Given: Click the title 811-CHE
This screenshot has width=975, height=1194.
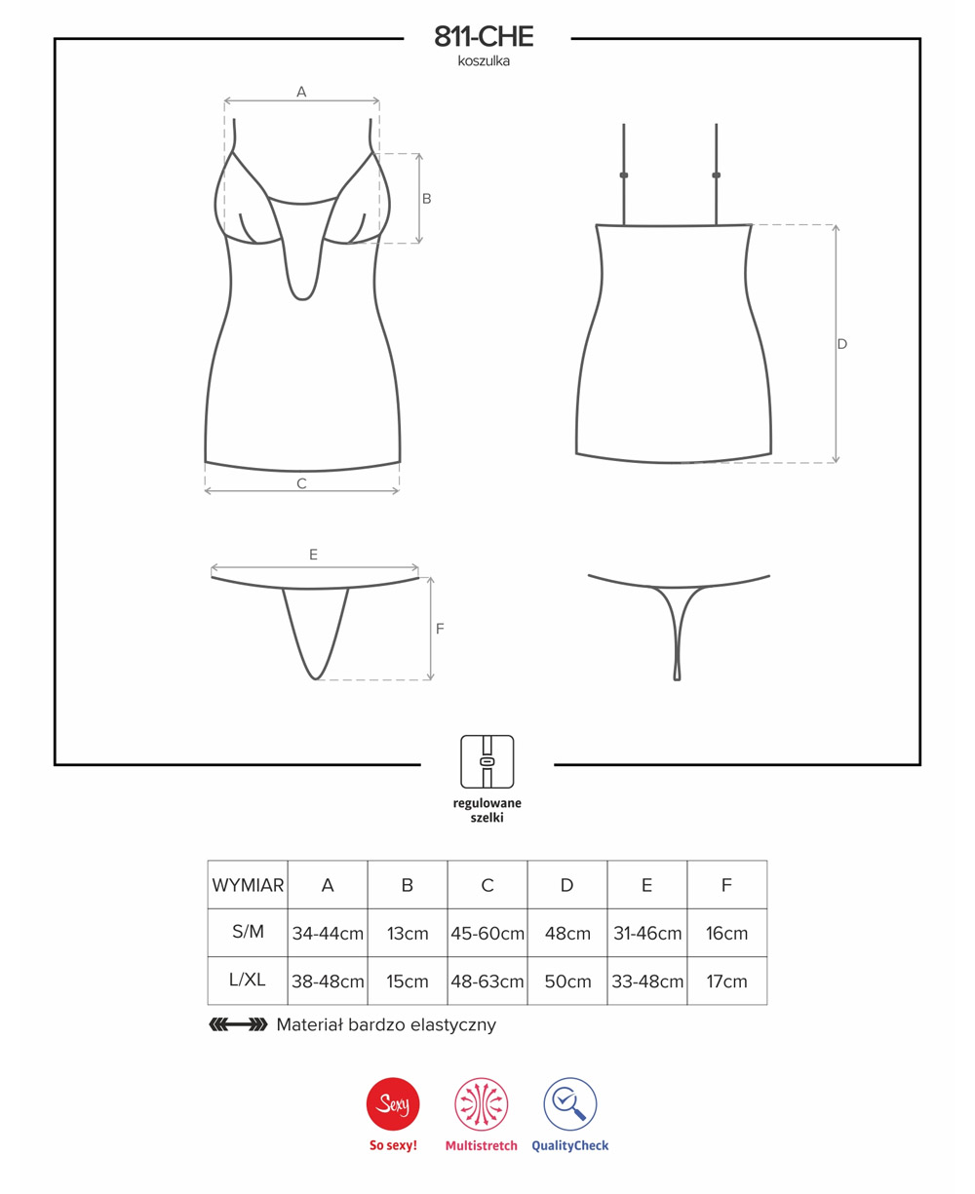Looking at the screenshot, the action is [484, 37].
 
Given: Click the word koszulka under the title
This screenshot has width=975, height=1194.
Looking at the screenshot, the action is [484, 61].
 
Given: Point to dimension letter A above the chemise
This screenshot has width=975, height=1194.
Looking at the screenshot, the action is [301, 92].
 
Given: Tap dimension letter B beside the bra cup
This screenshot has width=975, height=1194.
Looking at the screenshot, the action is [427, 199].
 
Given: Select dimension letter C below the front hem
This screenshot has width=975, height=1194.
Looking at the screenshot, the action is [302, 483].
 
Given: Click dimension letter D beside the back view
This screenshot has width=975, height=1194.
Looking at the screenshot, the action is [842, 344].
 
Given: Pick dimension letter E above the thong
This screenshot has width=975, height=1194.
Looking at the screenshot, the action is [313, 555].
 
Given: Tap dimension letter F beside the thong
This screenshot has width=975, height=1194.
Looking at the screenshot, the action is [440, 629].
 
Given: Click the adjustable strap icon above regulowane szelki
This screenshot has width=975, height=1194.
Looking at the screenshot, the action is [487, 761].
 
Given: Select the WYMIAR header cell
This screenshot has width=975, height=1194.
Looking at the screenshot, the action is [248, 885].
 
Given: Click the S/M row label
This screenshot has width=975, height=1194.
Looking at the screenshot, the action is [248, 931].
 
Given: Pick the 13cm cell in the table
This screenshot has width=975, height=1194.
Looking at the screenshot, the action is [408, 933].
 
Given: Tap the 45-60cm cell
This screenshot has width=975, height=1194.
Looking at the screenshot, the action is [487, 933].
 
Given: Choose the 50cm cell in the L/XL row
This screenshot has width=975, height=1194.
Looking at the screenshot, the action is [567, 982].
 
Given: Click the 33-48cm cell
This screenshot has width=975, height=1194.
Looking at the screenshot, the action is [647, 982].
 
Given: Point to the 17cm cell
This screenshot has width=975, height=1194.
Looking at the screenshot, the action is [727, 982].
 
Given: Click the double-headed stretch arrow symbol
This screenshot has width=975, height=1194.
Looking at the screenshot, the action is [238, 1024].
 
